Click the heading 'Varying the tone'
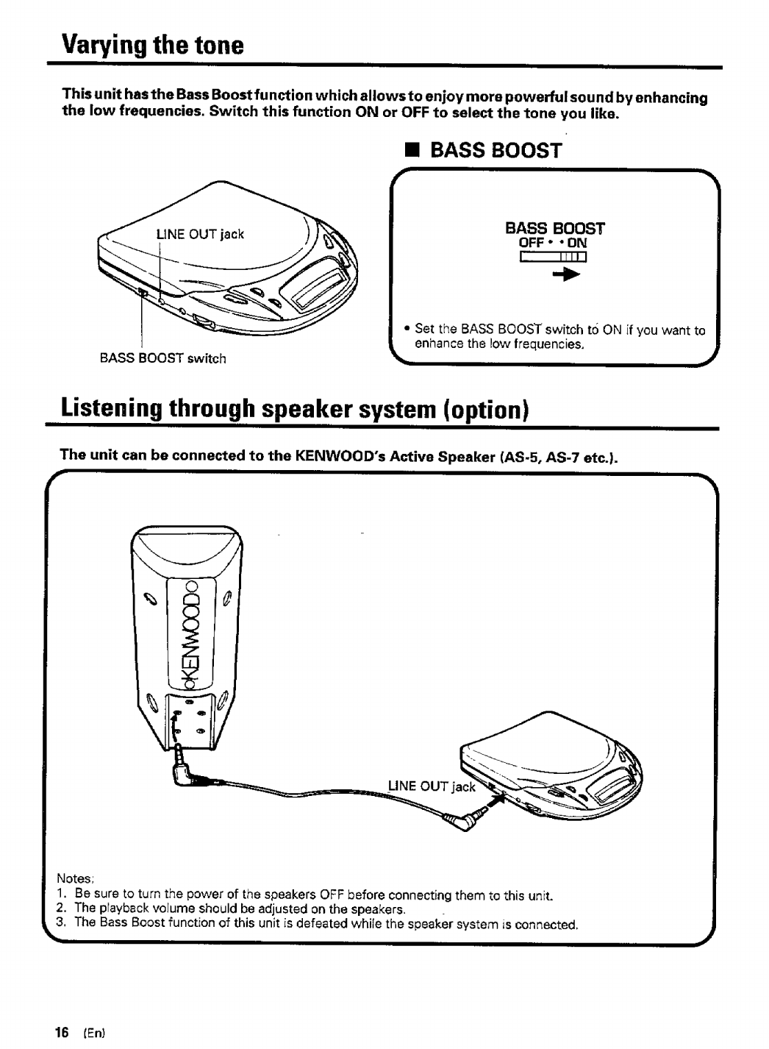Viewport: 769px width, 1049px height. click(152, 46)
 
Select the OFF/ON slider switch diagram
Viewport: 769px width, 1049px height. click(552, 257)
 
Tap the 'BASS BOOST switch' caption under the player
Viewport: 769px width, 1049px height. click(162, 358)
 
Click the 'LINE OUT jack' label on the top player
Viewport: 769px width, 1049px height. click(199, 235)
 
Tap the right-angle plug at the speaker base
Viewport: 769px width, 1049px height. click(184, 772)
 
